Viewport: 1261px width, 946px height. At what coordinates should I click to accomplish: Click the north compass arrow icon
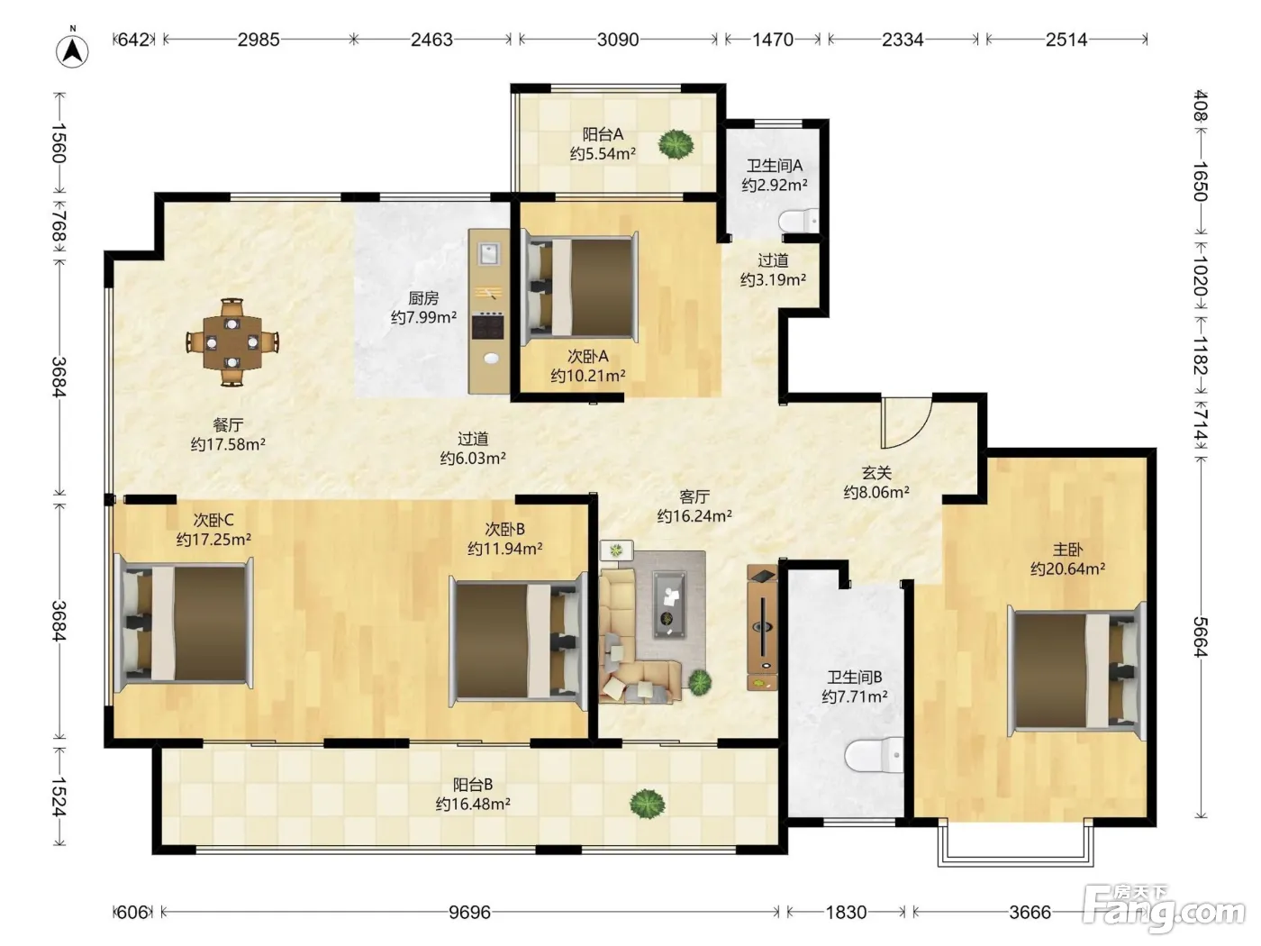72,50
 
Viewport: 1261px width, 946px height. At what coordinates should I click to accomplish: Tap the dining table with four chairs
232,342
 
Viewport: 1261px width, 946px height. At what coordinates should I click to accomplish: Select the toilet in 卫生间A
799,221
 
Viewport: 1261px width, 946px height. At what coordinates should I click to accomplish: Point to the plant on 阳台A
676,144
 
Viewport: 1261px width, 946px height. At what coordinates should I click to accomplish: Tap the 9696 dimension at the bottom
469,912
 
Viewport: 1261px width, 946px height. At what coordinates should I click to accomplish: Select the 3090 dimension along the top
618,40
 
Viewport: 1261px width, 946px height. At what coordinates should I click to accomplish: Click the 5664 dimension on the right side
1200,636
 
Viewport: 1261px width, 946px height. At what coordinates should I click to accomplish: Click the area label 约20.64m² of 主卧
1067,569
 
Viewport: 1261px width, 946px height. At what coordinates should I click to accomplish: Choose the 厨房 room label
423,298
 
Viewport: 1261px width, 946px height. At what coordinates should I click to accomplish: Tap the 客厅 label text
694,496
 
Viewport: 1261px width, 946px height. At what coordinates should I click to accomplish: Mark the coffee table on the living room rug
669,605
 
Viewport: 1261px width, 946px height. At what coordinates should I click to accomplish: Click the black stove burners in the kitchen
488,326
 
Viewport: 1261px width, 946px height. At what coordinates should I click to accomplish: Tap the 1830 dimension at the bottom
846,912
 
